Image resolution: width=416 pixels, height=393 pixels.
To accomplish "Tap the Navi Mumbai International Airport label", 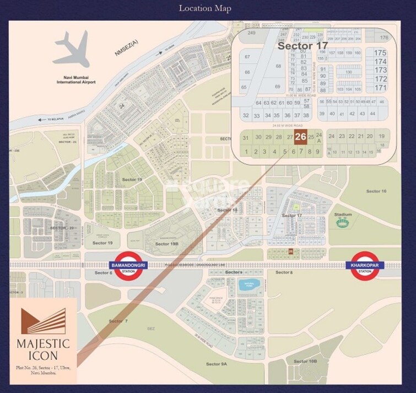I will tap(76, 79).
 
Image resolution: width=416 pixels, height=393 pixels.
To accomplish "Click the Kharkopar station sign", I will tap(365, 265).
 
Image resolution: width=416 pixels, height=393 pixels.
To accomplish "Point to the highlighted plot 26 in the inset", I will tap(300, 137).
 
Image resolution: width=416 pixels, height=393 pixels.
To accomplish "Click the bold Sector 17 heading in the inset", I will tap(302, 46).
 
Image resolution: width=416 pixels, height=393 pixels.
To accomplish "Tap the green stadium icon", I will tap(343, 224).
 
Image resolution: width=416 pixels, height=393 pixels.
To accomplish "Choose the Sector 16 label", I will tap(376, 191).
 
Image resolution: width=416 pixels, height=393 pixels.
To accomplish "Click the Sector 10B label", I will tap(305, 361).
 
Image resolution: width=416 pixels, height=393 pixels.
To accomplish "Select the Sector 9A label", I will tap(217, 364).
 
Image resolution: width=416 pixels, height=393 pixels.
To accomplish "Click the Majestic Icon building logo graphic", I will tap(43, 321).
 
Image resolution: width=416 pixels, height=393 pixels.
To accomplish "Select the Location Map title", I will tap(204, 8).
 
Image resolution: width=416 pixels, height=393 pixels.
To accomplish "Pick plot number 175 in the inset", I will tap(380, 52).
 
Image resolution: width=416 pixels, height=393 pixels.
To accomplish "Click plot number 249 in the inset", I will tap(252, 34).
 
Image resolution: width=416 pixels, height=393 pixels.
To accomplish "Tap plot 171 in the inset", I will tap(380, 88).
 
